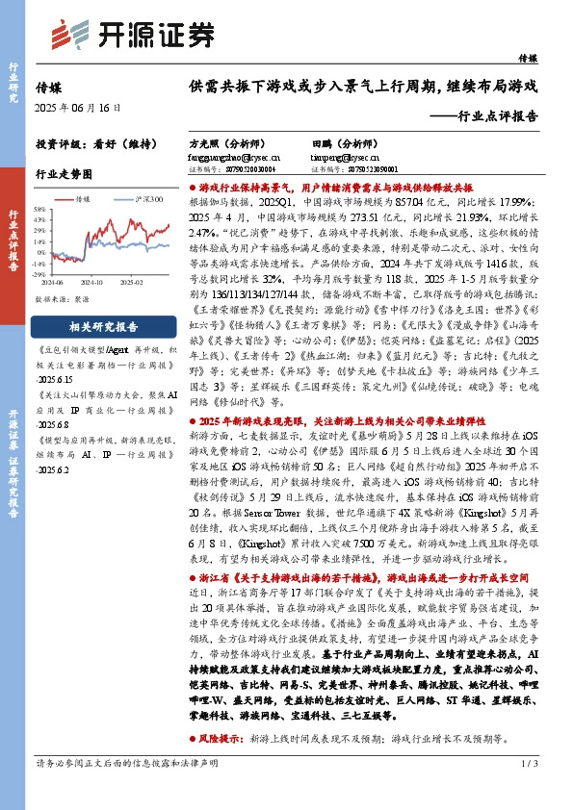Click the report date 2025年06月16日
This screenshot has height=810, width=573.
pos(79,108)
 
